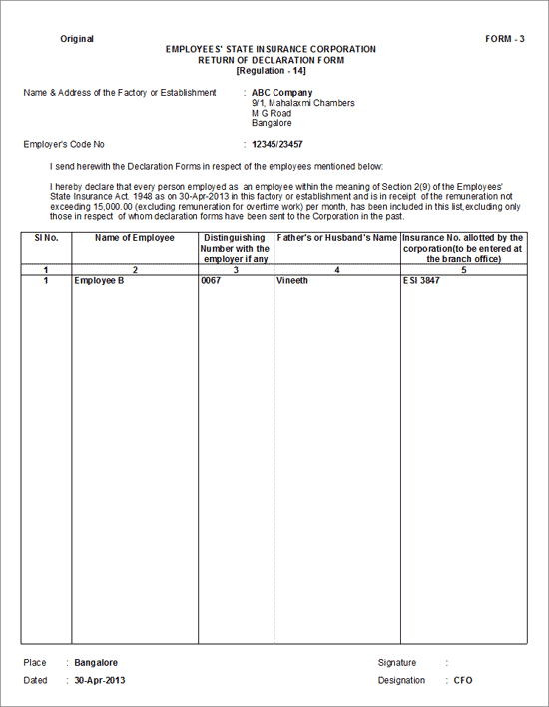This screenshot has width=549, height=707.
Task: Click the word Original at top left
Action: [x=77, y=39]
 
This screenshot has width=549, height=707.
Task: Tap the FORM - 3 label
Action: [x=505, y=39]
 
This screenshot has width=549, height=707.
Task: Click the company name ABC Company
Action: [x=281, y=93]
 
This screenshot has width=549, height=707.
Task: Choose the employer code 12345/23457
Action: [x=277, y=145]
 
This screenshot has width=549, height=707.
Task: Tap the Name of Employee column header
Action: [x=135, y=238]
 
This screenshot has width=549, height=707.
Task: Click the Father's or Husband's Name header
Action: [x=336, y=238]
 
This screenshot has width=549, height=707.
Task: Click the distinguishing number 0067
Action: [x=211, y=281]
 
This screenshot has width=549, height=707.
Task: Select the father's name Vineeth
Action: [x=293, y=281]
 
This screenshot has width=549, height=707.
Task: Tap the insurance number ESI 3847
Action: [x=422, y=281]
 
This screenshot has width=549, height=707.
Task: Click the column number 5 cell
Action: [x=463, y=270]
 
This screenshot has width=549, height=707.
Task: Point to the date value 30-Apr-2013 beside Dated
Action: [x=99, y=680]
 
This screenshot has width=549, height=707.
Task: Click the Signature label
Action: [x=397, y=662]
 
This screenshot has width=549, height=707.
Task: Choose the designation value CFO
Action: [x=464, y=680]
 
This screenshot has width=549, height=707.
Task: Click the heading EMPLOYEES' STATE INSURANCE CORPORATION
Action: [x=271, y=49]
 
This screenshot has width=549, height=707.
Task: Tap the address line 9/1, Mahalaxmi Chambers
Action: [x=302, y=103]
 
